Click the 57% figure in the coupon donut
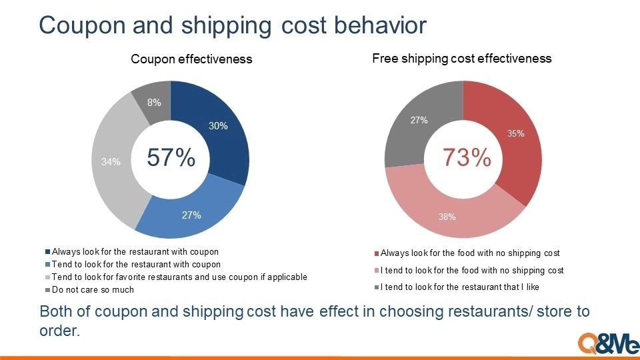pyautogui.click(x=171, y=157)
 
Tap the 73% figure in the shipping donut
pyautogui.click(x=467, y=157)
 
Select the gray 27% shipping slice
pyautogui.click(x=416, y=123)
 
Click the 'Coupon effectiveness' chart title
pyautogui.click(x=191, y=59)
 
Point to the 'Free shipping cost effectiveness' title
pyautogui.click(x=461, y=59)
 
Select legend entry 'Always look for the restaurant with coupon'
pyautogui.click(x=132, y=252)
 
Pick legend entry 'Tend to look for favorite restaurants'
pyautogui.click(x=176, y=277)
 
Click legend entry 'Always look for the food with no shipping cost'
pyautogui.click(x=467, y=253)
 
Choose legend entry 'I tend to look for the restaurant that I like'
pyautogui.click(x=457, y=287)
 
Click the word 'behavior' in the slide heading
pyautogui.click(x=380, y=25)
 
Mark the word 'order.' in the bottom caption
pyautogui.click(x=59, y=331)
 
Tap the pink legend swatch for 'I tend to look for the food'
pyautogui.click(x=377, y=271)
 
